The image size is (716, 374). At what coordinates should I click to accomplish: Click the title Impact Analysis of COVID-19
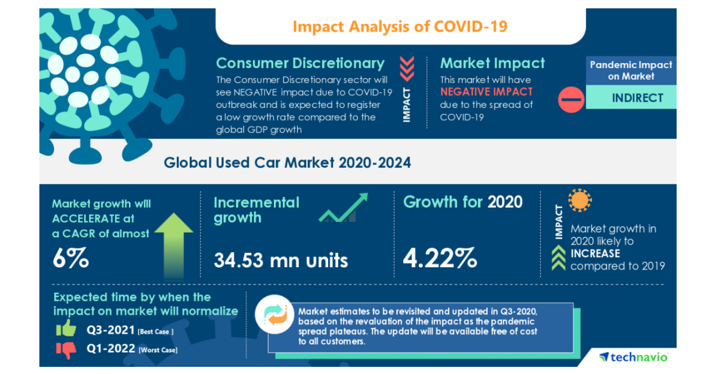pos(400,27)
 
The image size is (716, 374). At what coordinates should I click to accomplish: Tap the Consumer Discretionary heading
pos(300,63)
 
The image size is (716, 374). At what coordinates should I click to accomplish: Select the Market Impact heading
pos(492,63)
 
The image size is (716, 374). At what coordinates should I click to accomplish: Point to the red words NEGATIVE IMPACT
pos(486,92)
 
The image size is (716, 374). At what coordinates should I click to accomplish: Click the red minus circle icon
pos(571,99)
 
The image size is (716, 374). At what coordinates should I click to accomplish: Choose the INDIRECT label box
pos(637,98)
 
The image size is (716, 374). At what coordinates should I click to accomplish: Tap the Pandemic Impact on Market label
pos(631,70)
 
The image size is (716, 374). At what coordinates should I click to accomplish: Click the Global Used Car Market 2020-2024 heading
pos(288,162)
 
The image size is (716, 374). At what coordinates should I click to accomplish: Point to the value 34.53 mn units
pos(280,260)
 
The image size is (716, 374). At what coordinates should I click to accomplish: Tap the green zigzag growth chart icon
pos(343,208)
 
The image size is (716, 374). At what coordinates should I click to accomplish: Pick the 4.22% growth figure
pos(440,258)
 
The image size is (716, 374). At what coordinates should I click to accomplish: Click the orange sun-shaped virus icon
pos(579,201)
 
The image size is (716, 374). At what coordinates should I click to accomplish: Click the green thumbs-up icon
pos(66,329)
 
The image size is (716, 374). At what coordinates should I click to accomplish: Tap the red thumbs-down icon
pos(67,349)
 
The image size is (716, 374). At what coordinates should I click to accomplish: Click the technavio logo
pos(634,357)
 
